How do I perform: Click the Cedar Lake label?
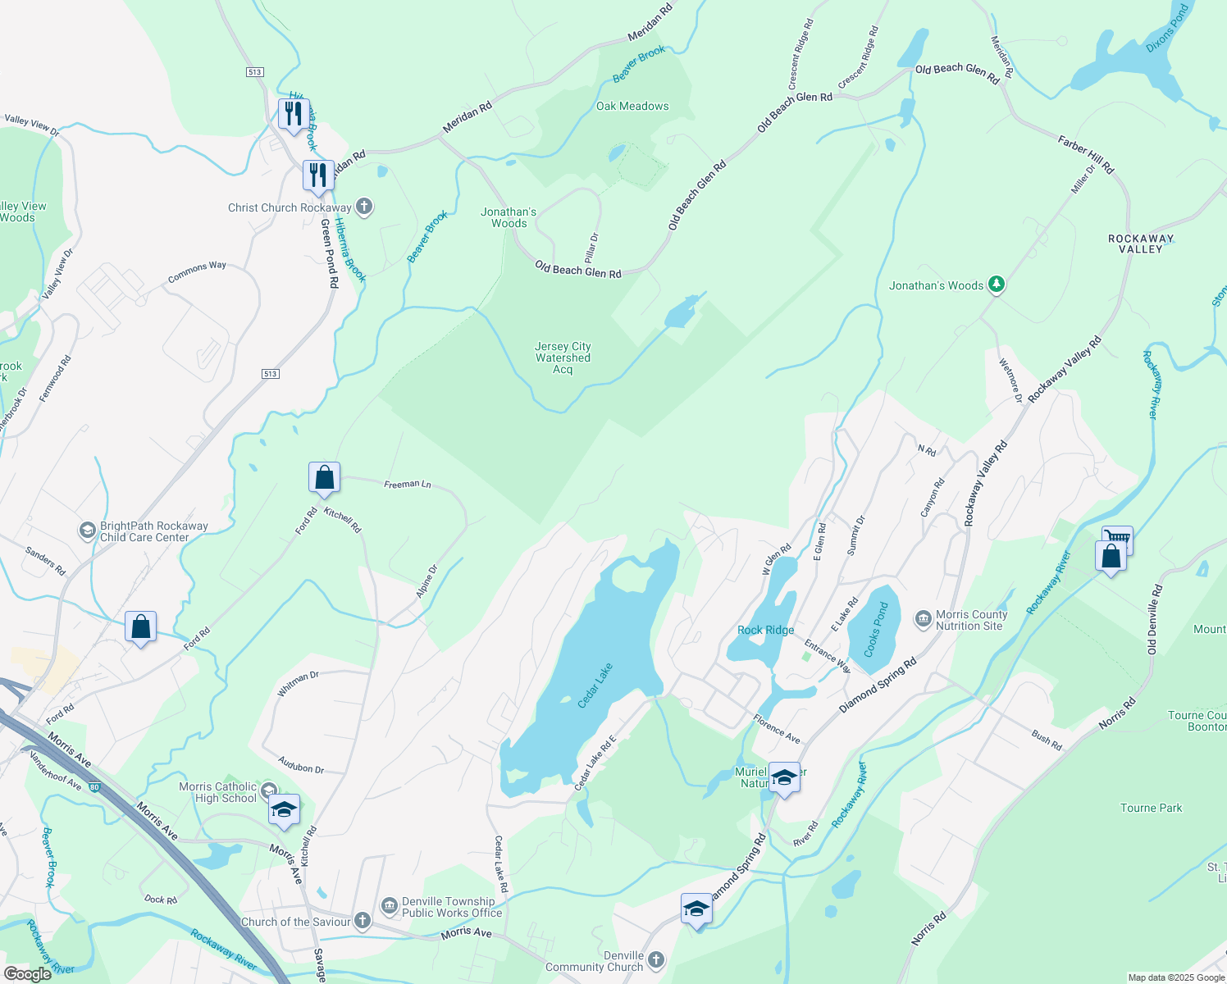click(x=596, y=686)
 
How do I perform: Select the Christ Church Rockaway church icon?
click(x=365, y=207)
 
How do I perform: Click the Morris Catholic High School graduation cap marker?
click(x=284, y=810)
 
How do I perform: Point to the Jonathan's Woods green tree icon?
click(x=997, y=285)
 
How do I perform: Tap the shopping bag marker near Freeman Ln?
click(x=324, y=478)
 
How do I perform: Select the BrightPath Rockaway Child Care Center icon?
click(x=87, y=531)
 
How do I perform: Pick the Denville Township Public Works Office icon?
click(x=390, y=906)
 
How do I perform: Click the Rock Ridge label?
click(x=765, y=630)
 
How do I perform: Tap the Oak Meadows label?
click(x=632, y=106)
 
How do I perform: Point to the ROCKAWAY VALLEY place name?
click(x=1141, y=244)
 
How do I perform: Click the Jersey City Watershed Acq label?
click(x=563, y=358)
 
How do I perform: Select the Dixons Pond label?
click(x=1167, y=29)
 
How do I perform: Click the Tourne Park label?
click(x=1152, y=808)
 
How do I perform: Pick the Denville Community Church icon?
click(x=655, y=960)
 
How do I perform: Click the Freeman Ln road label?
click(x=408, y=485)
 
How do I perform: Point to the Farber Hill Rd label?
click(x=1086, y=155)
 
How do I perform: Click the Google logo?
click(x=28, y=973)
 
